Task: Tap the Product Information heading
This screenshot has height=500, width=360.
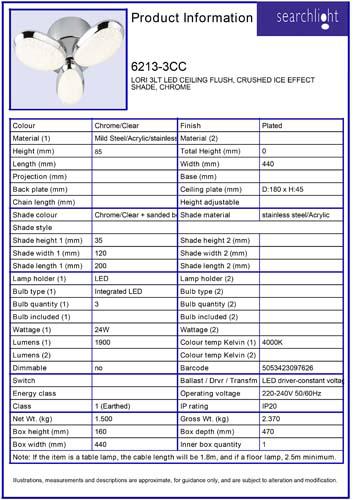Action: tap(189, 19)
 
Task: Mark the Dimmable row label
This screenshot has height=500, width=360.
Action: tap(31, 368)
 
